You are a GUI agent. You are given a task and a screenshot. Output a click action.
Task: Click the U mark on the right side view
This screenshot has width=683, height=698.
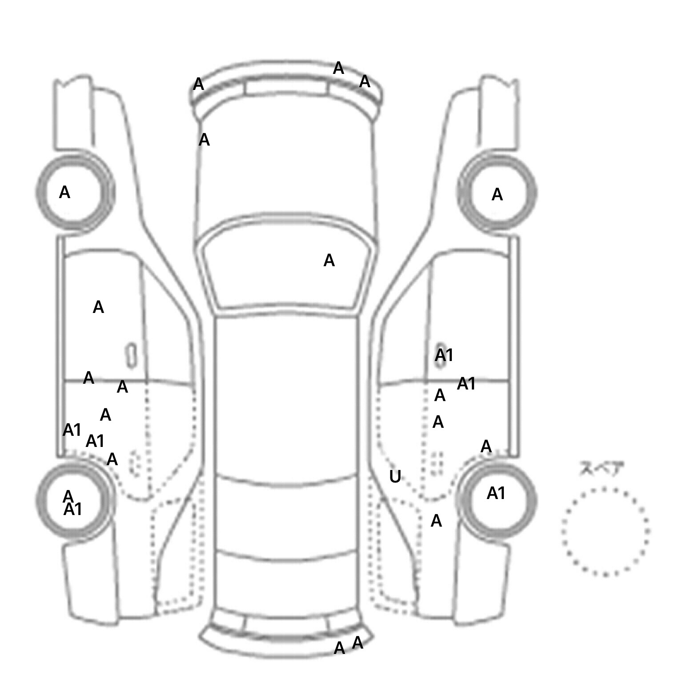click(x=395, y=477)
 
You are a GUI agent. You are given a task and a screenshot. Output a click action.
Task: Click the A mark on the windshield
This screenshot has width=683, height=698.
click(x=329, y=260)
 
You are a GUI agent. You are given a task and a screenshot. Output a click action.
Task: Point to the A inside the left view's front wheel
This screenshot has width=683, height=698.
click(x=64, y=192)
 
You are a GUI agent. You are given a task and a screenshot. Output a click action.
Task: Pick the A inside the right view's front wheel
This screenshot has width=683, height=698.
click(x=497, y=195)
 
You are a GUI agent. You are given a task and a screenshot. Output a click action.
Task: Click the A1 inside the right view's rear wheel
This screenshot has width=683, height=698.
click(x=496, y=493)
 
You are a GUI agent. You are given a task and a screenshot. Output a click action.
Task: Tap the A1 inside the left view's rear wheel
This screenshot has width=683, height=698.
click(x=73, y=509)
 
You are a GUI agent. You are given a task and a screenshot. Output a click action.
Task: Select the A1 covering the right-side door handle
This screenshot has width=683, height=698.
click(x=444, y=355)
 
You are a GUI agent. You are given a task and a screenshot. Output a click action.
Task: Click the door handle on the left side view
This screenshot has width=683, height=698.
click(x=131, y=355)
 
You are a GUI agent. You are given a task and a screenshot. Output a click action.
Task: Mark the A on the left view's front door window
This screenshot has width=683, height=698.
click(x=98, y=307)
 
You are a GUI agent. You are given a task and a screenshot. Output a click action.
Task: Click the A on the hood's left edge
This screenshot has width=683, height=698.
click(x=204, y=140)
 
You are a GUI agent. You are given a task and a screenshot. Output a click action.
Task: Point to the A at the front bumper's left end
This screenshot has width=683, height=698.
click(x=198, y=84)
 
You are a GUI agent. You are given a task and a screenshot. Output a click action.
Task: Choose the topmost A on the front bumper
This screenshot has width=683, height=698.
click(x=338, y=69)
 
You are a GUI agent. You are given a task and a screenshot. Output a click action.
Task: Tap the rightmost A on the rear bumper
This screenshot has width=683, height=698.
click(x=358, y=643)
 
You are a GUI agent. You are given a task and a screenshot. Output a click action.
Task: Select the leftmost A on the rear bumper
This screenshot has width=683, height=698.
click(x=339, y=648)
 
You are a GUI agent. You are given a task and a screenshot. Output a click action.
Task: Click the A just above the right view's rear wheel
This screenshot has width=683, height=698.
click(x=486, y=446)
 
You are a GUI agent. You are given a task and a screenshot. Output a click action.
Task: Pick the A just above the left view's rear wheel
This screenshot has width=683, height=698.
click(x=112, y=459)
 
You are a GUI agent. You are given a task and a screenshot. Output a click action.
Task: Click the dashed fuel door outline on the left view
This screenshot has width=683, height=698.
click(x=135, y=463)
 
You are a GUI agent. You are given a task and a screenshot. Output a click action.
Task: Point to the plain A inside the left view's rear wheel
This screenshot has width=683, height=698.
click(x=68, y=495)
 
